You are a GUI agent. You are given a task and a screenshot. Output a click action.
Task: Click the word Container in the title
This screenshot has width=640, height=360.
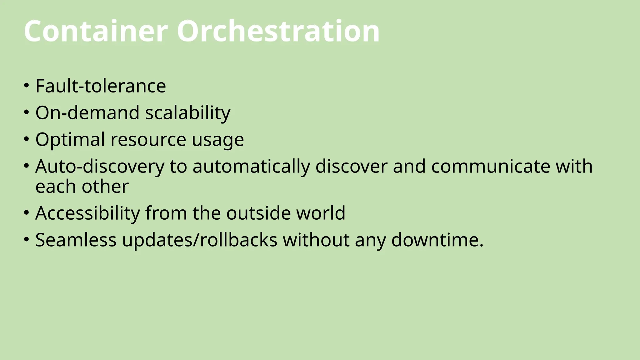[x=96, y=31]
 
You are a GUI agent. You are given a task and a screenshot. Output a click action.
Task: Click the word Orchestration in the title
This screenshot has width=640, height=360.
[x=278, y=31]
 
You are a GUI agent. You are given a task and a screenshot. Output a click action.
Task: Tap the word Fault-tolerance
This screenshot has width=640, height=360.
[x=101, y=86]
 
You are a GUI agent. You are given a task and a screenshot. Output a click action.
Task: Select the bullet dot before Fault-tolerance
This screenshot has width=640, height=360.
[x=27, y=85]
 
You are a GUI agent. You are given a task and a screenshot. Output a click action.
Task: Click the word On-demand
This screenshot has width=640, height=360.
[x=87, y=112]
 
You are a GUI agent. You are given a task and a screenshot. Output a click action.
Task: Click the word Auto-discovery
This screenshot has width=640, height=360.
[x=100, y=167]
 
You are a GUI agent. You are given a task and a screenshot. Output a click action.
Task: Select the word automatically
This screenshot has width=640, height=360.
[x=251, y=167]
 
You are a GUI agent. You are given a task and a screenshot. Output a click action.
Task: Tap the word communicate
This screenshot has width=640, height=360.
[x=491, y=166]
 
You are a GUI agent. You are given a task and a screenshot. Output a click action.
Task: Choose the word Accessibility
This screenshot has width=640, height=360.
[x=87, y=213]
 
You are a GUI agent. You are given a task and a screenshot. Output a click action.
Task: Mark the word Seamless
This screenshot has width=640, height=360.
[x=76, y=240]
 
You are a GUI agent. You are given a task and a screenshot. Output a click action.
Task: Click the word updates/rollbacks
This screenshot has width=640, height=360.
[x=200, y=240]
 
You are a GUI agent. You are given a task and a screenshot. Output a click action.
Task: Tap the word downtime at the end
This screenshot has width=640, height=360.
[x=437, y=240]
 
